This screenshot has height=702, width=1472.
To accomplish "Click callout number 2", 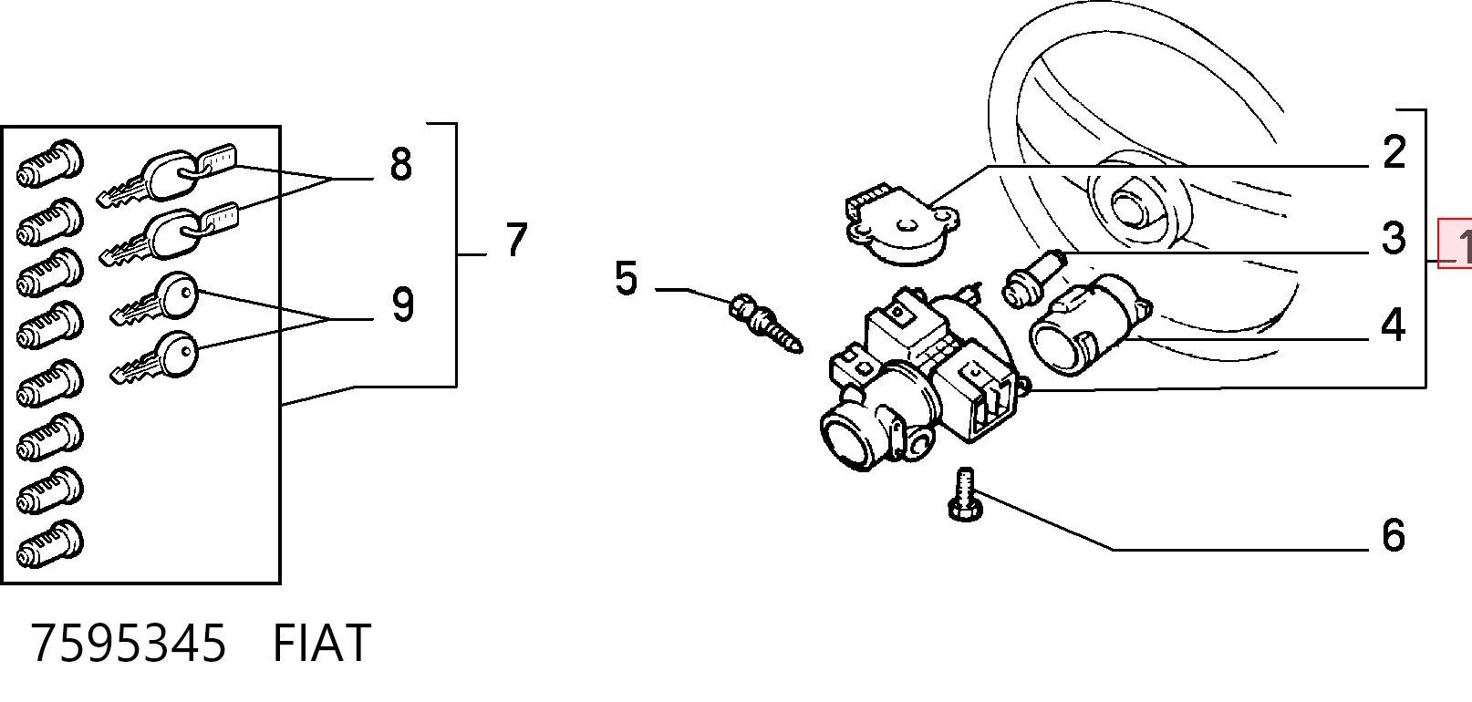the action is click(x=1394, y=152).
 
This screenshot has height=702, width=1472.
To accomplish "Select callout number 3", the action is click(x=1394, y=238).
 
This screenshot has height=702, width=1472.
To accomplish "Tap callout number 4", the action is click(x=1393, y=325).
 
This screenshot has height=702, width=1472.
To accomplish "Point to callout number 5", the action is click(x=627, y=278).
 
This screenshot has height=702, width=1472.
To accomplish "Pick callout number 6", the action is click(x=1394, y=535).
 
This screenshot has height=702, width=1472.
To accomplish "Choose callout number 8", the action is click(x=401, y=164).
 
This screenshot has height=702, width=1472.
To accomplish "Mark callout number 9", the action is click(x=403, y=305).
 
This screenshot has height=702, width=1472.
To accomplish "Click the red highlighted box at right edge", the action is click(x=1455, y=243).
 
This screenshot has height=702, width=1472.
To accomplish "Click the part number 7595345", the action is click(x=129, y=644).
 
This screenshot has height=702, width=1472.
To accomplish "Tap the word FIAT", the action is click(x=322, y=644).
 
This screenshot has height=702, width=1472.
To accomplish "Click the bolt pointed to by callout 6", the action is click(x=965, y=494).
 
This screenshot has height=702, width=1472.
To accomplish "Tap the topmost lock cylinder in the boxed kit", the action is click(x=50, y=163).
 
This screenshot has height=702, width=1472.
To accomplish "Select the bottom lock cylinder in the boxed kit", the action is click(x=50, y=544).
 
